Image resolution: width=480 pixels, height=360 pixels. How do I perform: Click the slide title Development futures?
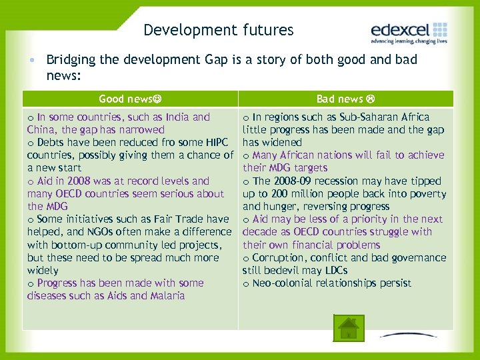(x=218, y=30)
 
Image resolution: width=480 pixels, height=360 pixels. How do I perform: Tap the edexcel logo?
(x=408, y=32)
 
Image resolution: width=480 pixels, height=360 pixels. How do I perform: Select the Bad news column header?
(x=345, y=99)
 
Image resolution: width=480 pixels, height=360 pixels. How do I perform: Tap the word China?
(x=42, y=130)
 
